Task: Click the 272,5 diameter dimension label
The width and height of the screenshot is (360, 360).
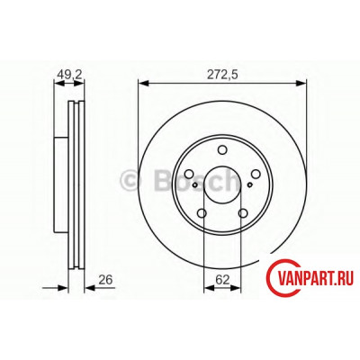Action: [222, 75]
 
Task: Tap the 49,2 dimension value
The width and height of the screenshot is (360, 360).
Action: [69, 75]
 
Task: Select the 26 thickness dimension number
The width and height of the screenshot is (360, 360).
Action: [105, 280]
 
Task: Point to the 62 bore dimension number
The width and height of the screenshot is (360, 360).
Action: [222, 280]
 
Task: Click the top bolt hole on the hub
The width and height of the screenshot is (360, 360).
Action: [222, 149]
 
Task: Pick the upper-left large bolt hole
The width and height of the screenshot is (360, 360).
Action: [189, 174]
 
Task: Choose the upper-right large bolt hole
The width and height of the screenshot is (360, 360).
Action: [256, 174]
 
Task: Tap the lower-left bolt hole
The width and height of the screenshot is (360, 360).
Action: [202, 213]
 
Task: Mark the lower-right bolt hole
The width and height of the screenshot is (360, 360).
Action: [243, 213]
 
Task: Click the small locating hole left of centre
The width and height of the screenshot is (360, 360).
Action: [195, 184]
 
